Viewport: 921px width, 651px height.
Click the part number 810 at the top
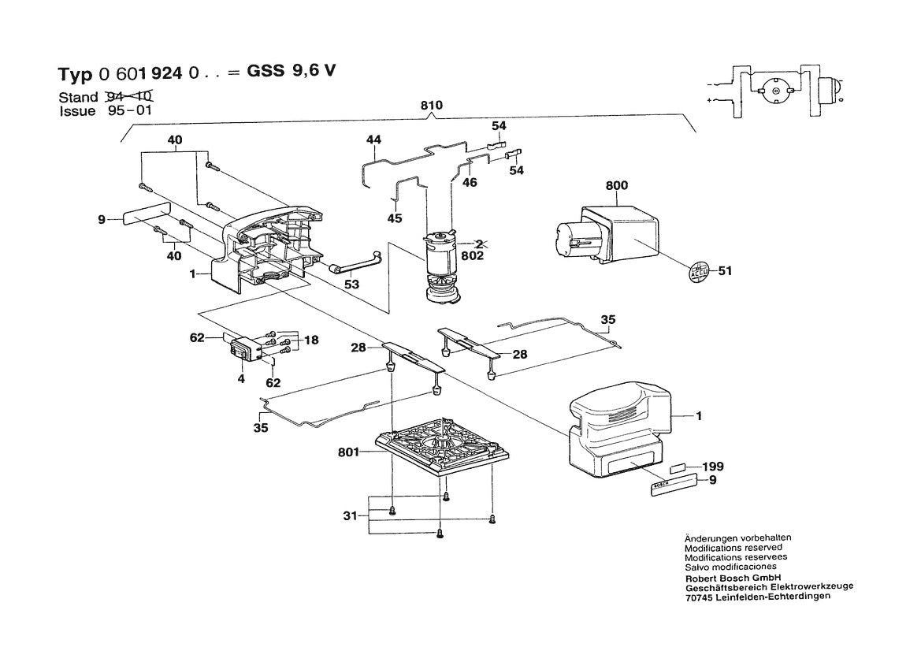[433, 106]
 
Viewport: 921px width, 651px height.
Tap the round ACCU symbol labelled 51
[700, 271]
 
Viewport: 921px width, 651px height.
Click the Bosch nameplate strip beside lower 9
[673, 485]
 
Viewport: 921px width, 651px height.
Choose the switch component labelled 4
[246, 348]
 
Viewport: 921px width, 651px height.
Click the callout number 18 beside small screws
[312, 340]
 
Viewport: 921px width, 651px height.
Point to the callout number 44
[373, 139]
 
